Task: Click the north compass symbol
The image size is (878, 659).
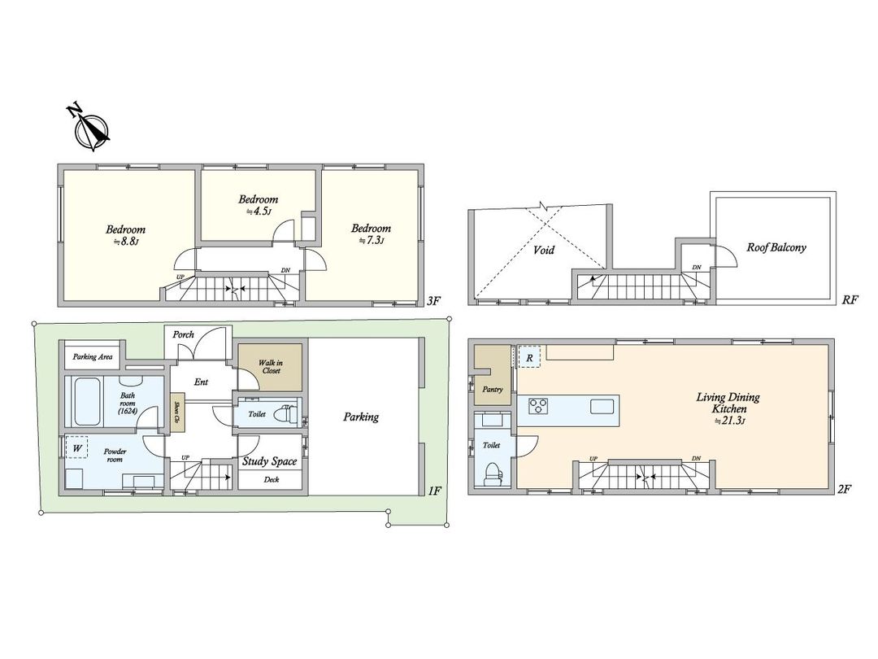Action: click(90, 129)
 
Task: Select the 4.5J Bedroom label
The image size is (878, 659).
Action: click(258, 204)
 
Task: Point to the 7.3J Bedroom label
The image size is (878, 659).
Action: click(371, 234)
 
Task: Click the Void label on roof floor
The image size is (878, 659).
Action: click(544, 250)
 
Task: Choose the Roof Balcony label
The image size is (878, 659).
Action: click(777, 247)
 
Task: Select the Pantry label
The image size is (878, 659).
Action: click(492, 390)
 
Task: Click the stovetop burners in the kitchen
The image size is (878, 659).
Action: click(540, 405)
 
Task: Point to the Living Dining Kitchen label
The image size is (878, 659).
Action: click(728, 403)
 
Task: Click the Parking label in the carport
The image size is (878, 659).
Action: click(360, 417)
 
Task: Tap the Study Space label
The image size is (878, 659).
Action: click(270, 461)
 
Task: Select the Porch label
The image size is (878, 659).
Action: click(183, 334)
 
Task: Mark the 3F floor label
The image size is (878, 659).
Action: click(433, 301)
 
